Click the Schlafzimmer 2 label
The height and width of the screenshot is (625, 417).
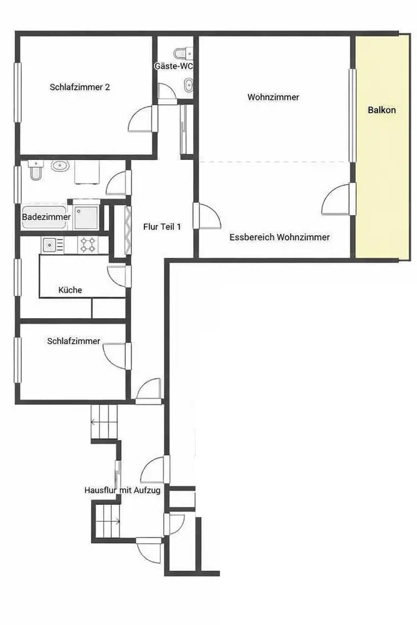tap(80, 87)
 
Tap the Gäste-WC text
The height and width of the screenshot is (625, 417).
tap(174, 66)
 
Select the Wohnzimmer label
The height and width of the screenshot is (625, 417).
tap(273, 97)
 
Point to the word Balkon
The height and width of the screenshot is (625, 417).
tap(381, 110)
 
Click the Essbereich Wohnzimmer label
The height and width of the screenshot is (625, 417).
tap(279, 237)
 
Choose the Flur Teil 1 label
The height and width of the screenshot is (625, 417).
tap(163, 227)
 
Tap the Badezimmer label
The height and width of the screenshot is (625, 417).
tap(46, 217)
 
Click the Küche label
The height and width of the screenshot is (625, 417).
tap(70, 290)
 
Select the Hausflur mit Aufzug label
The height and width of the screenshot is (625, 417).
tap(123, 490)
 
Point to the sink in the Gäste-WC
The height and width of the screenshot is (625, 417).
tap(189, 84)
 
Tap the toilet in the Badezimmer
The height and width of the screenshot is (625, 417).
tap(36, 170)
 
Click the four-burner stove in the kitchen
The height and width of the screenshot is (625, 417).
tap(88, 244)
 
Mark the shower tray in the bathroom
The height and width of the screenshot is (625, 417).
tap(86, 217)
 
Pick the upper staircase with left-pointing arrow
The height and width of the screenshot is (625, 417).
tap(104, 421)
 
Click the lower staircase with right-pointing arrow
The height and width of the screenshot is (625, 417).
tap(108, 521)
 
